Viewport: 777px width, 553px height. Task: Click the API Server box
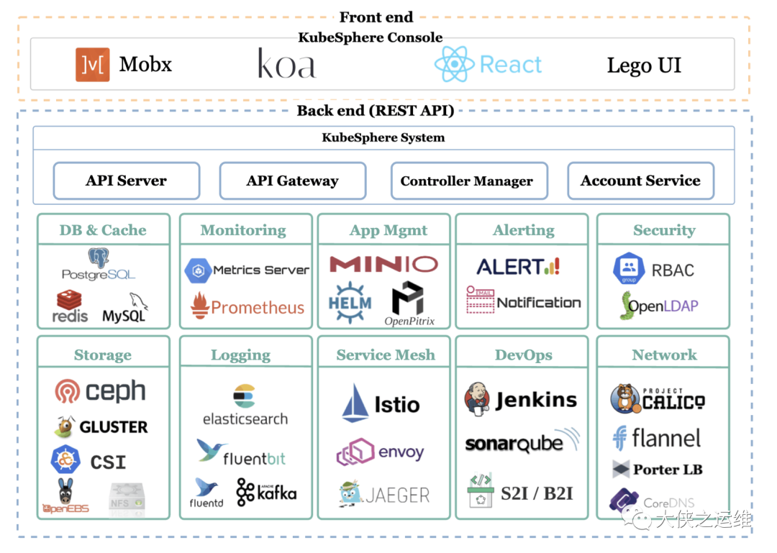(x=126, y=180)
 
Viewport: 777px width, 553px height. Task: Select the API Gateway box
(x=292, y=180)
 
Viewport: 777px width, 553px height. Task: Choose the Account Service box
(x=640, y=180)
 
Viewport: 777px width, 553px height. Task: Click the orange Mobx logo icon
(x=92, y=65)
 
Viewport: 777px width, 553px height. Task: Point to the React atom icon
(x=454, y=65)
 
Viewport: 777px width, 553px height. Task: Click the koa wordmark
(x=286, y=65)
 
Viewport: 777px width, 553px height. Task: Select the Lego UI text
(x=643, y=65)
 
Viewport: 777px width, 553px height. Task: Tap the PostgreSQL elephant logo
(x=99, y=258)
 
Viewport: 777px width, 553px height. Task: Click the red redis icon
(x=70, y=300)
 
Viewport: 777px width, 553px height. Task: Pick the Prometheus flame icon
(x=200, y=306)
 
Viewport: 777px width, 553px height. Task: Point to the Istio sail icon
(x=355, y=402)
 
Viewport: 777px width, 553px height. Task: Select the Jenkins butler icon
(x=478, y=399)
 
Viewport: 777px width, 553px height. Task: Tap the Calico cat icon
(x=624, y=399)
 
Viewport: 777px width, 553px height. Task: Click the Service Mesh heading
(x=385, y=355)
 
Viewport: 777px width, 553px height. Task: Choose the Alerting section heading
(x=523, y=230)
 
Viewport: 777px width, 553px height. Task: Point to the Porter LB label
(x=667, y=470)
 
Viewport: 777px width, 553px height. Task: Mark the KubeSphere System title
(x=383, y=137)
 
